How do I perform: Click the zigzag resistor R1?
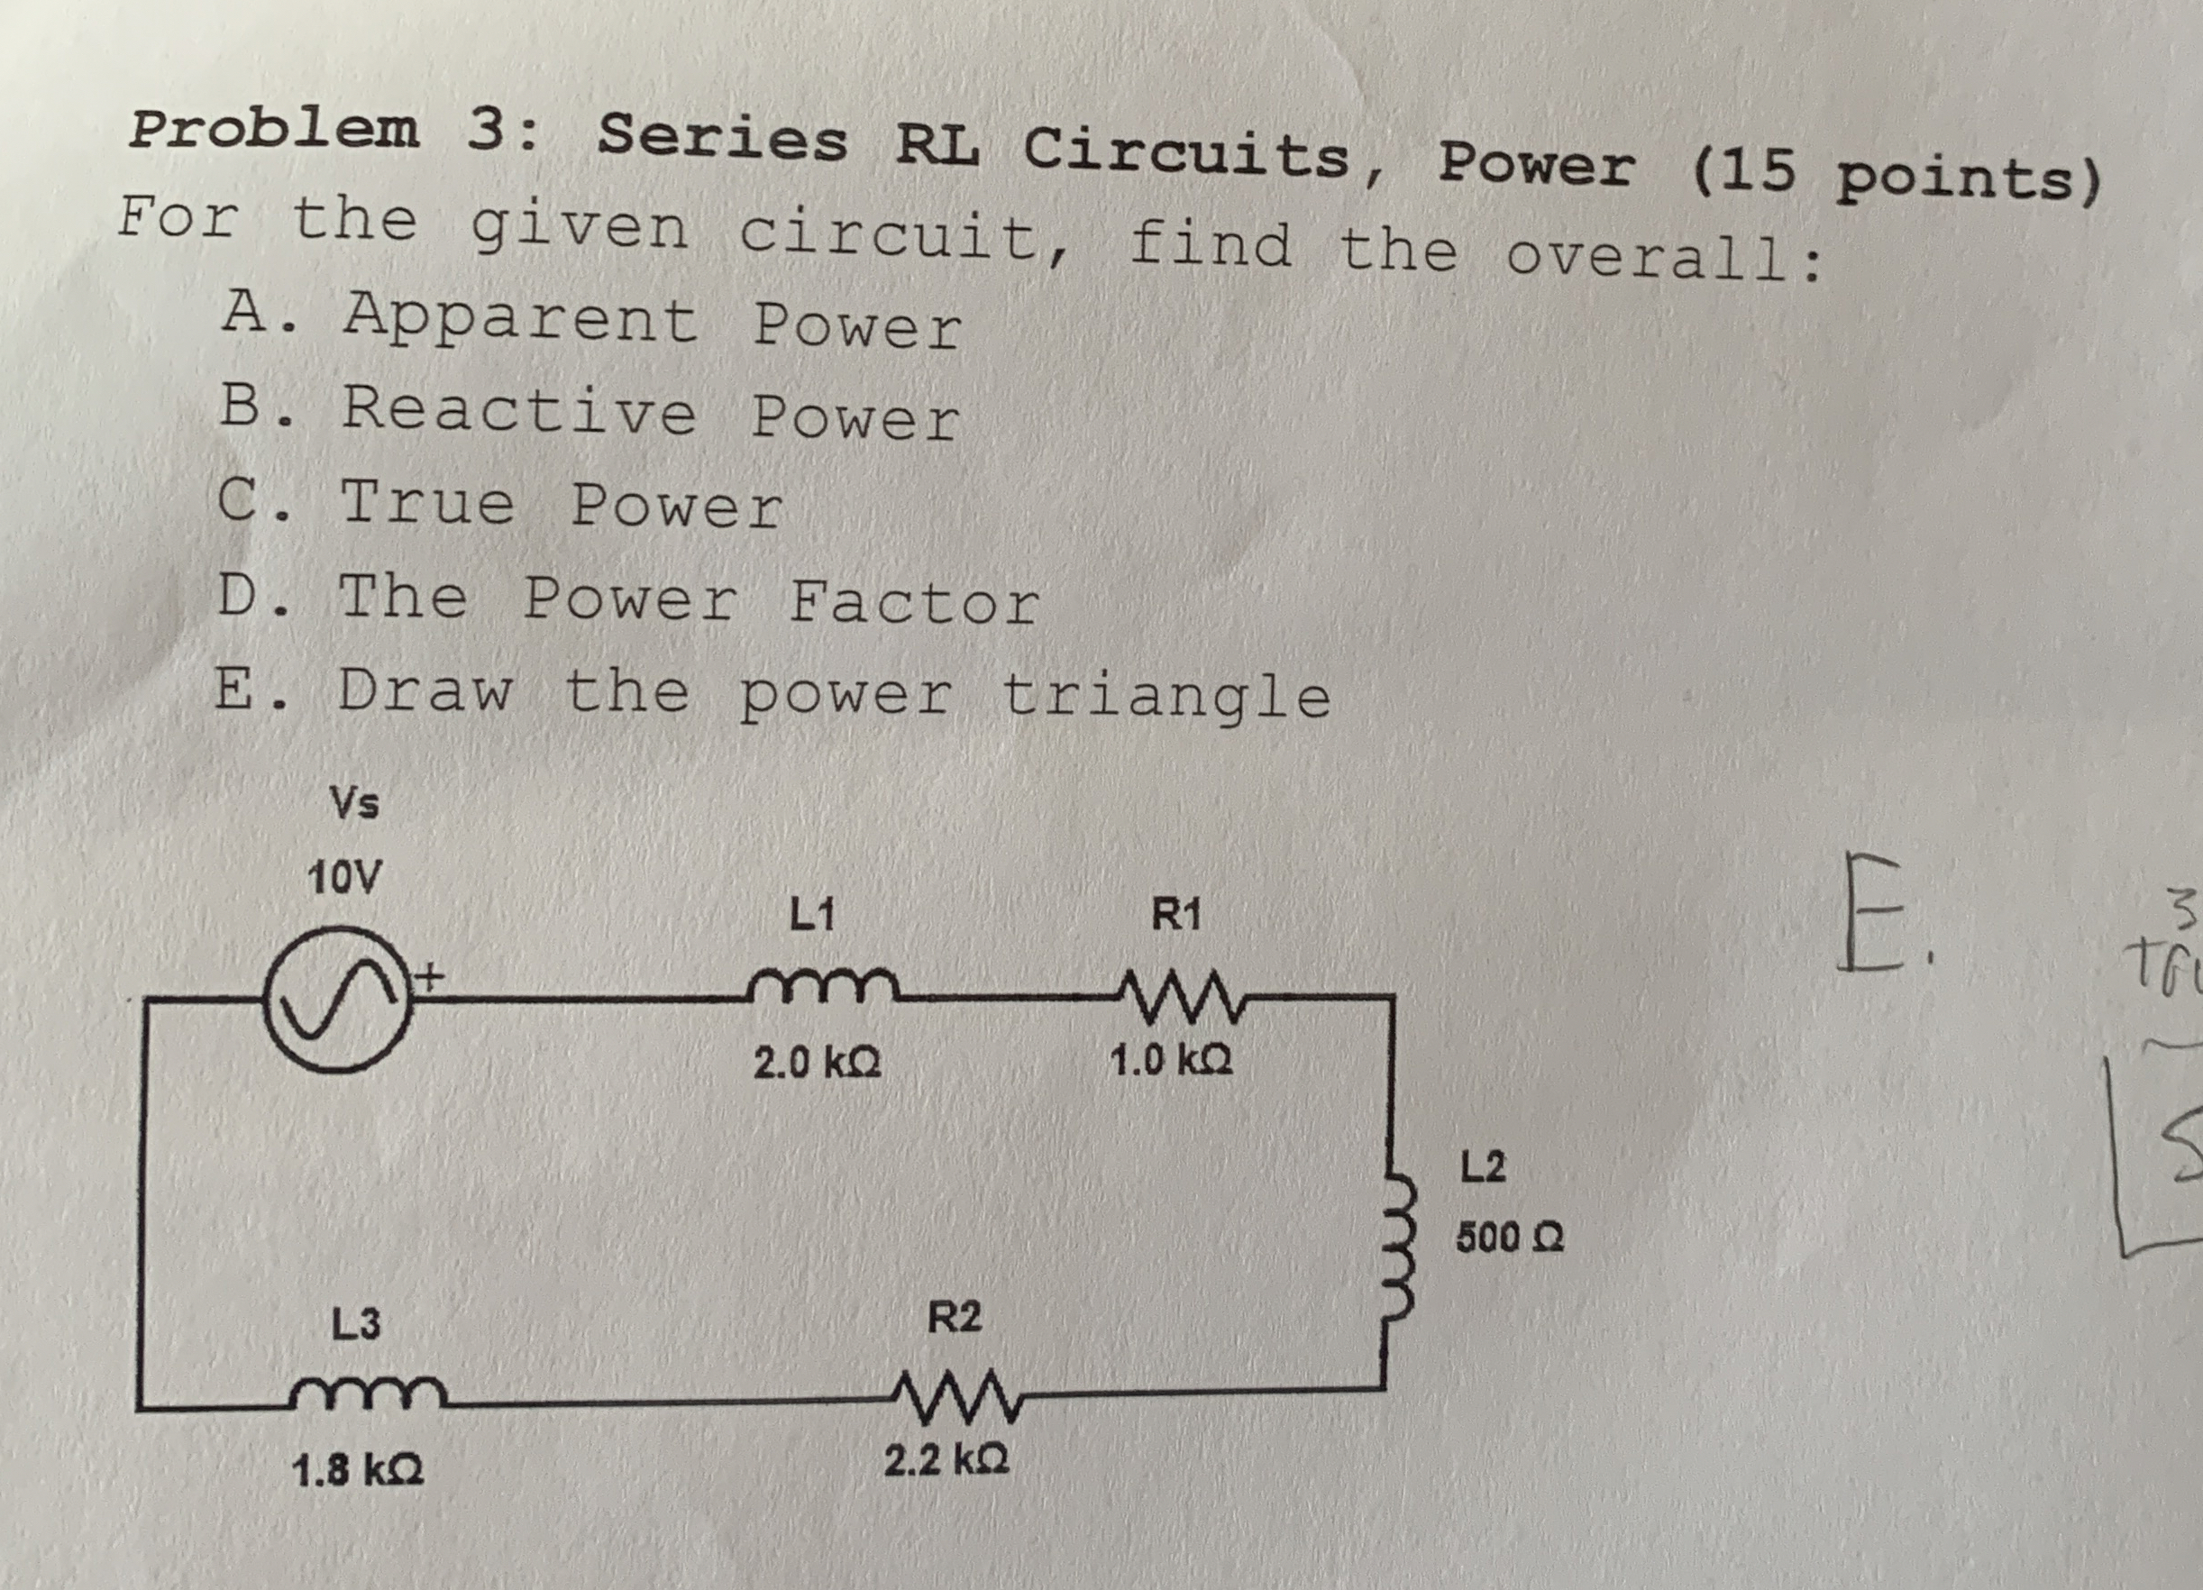click(x=1177, y=997)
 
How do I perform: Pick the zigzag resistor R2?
click(x=955, y=1395)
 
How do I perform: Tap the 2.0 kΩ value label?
click(x=817, y=1063)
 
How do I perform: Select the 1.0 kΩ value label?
click(x=1172, y=1060)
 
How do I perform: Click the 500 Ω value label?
click(x=1510, y=1238)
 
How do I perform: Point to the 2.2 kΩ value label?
click(x=946, y=1460)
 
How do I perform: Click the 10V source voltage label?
click(x=343, y=878)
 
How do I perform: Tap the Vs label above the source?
click(x=354, y=803)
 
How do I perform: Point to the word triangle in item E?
click(x=1165, y=698)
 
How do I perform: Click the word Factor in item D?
click(x=913, y=601)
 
